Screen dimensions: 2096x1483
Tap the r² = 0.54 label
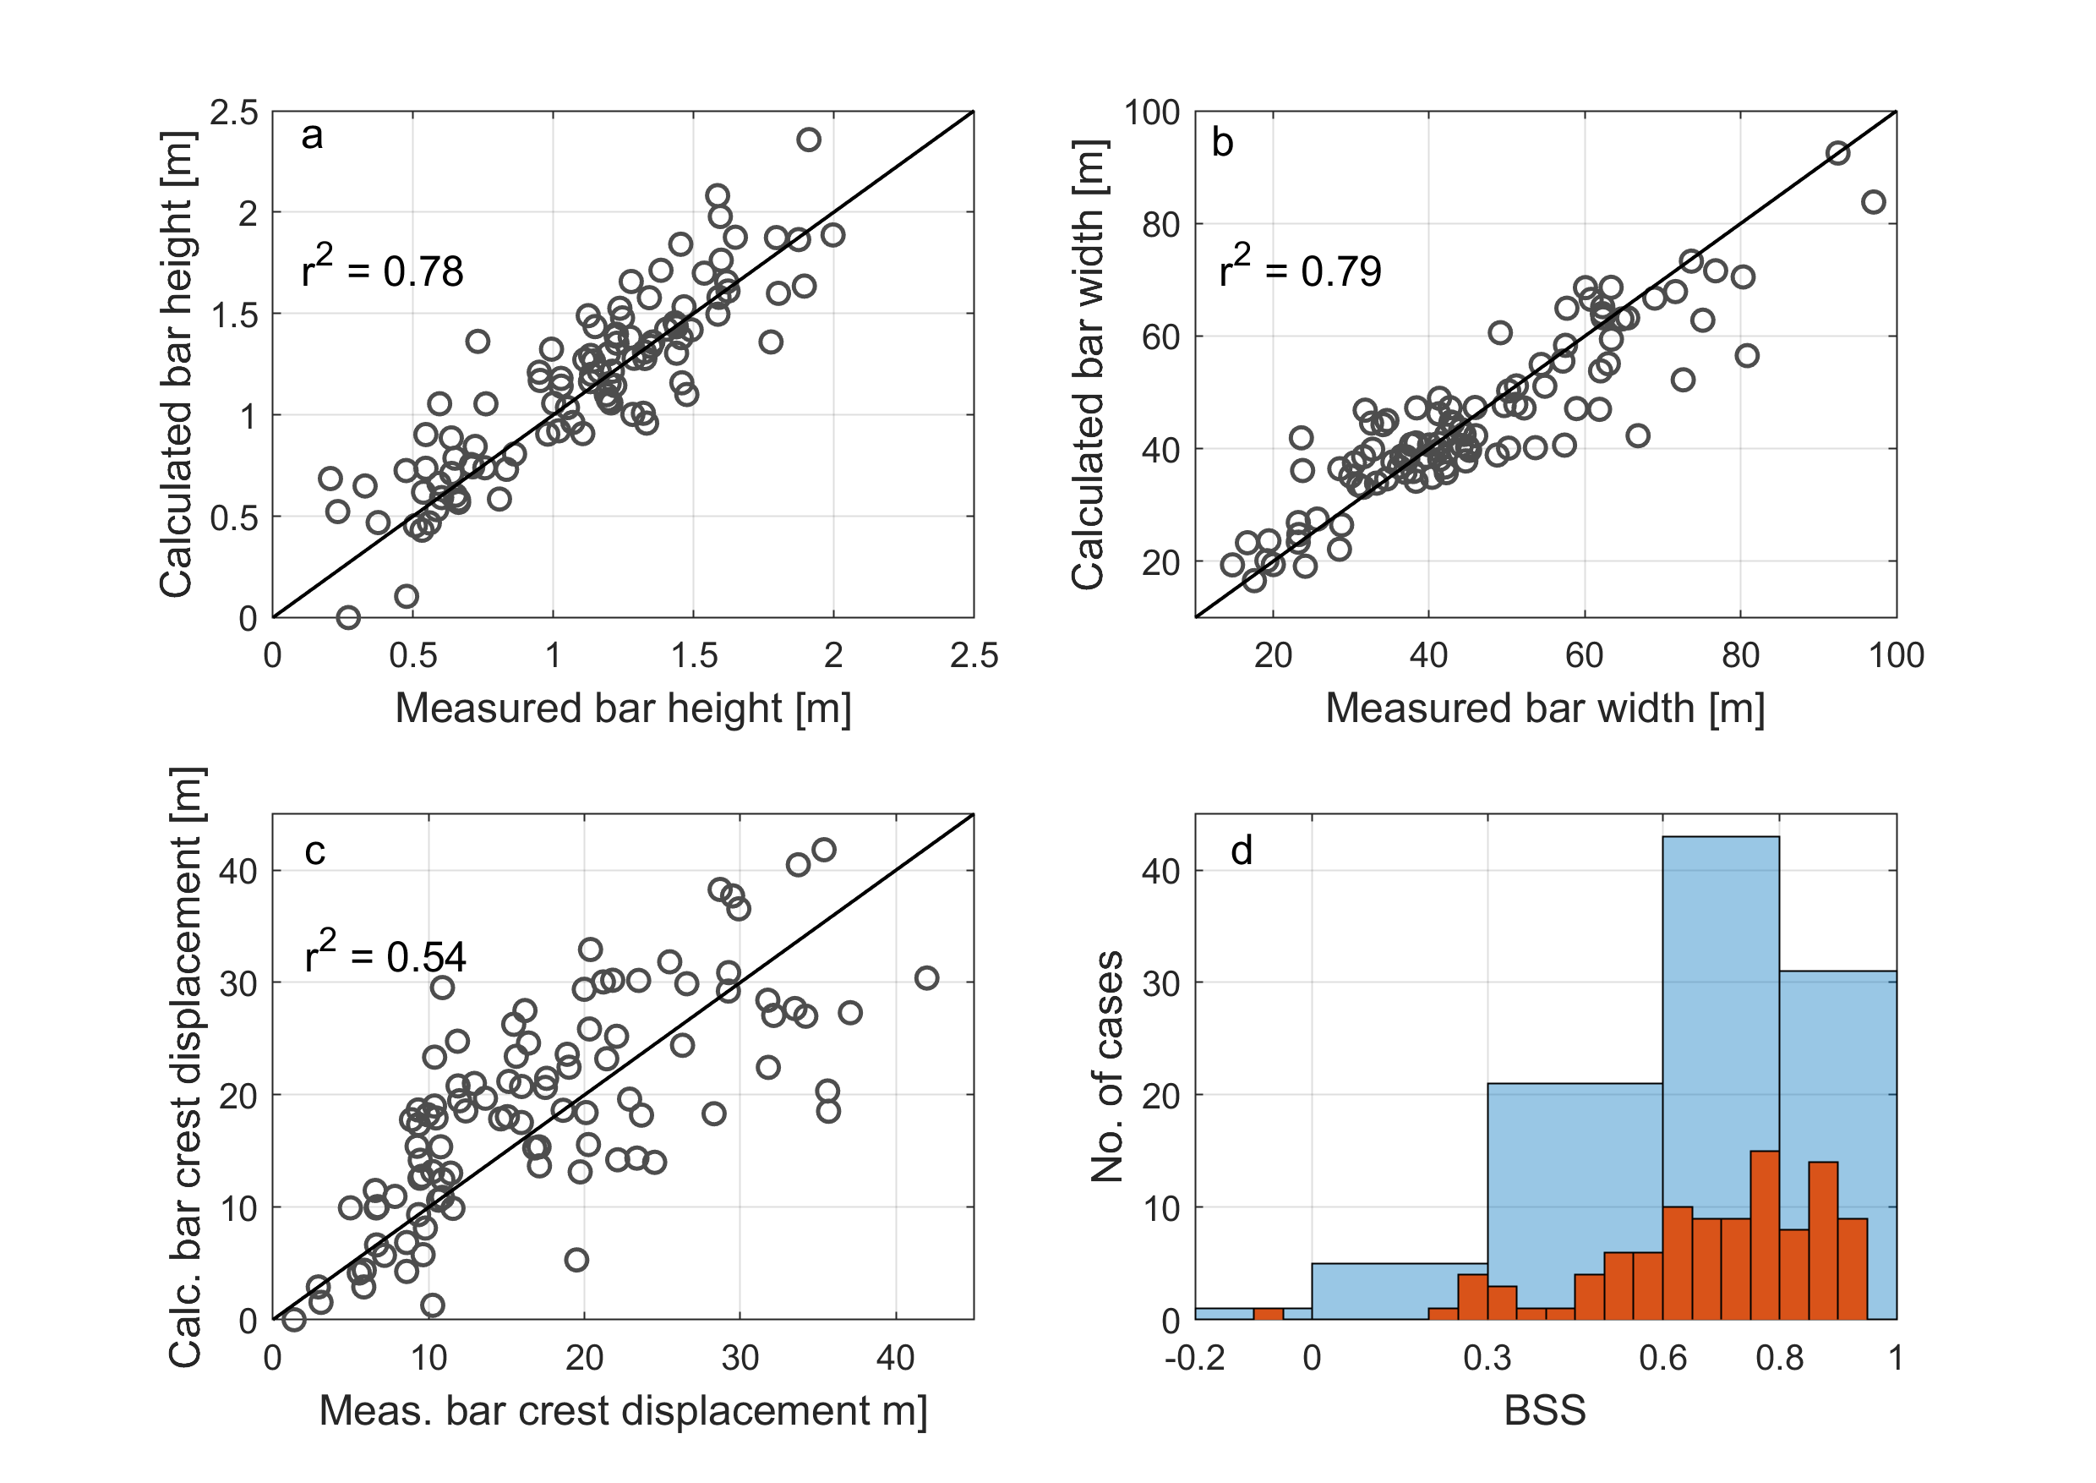point(385,951)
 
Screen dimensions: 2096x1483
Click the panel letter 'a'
point(312,137)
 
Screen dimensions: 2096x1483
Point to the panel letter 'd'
point(1242,851)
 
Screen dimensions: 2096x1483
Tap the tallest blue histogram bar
point(1721,1077)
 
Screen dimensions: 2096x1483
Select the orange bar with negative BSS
point(1268,1314)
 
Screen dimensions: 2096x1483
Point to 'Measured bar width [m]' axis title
point(1545,709)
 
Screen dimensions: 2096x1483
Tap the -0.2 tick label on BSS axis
point(1195,1359)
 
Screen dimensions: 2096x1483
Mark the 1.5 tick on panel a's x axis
point(694,655)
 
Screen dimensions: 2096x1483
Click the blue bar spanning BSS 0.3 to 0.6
point(1575,1201)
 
